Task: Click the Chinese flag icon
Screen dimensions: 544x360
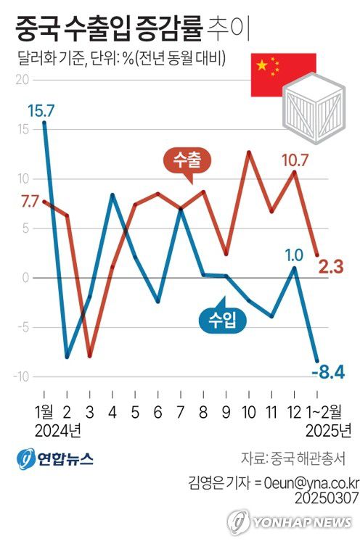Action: [x=282, y=74]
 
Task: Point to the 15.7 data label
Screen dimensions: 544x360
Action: [x=41, y=110]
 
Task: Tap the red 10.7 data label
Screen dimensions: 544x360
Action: [x=293, y=160]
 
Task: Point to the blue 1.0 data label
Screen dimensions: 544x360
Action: [x=294, y=255]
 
